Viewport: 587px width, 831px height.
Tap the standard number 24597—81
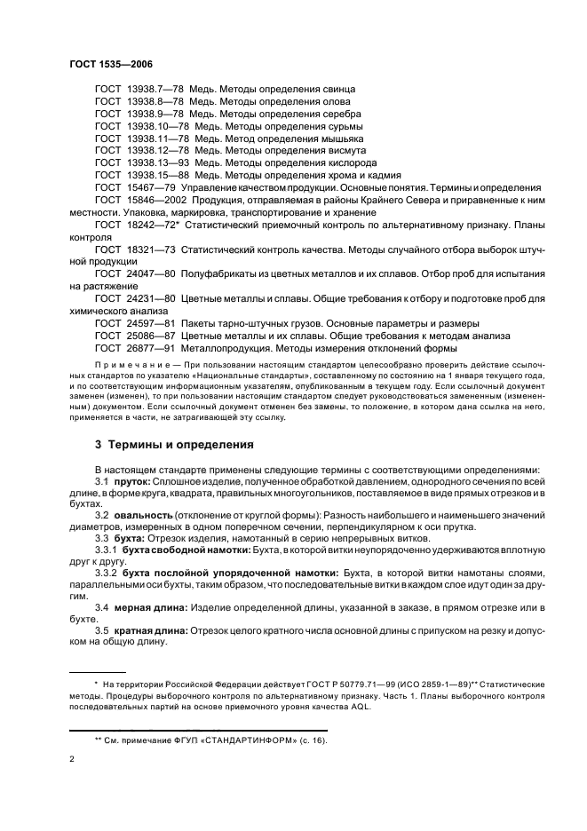click(x=148, y=322)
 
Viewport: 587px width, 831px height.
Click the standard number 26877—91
click(x=148, y=347)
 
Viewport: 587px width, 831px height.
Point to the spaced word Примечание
click(x=127, y=366)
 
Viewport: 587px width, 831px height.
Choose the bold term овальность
click(x=144, y=515)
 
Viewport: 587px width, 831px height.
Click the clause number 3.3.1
click(x=107, y=551)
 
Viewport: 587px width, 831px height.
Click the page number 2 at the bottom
click(x=72, y=760)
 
